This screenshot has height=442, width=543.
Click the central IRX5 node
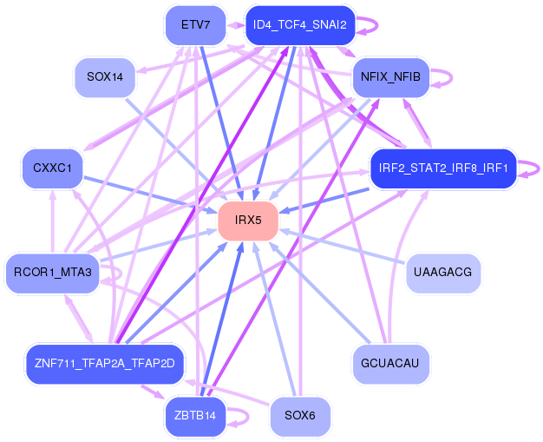pyautogui.click(x=248, y=221)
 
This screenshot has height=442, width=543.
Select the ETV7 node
pyautogui.click(x=196, y=25)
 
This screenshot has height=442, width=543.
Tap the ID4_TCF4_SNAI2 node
pyautogui.click(x=300, y=25)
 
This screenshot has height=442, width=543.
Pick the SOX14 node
pyautogui.click(x=105, y=77)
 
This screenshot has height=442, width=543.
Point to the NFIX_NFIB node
pyautogui.click(x=390, y=77)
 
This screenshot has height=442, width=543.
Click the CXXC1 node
pyautogui.click(x=53, y=168)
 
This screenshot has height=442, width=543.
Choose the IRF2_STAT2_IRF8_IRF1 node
pyautogui.click(x=443, y=168)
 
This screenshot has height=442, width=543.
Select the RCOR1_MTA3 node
pyautogui.click(x=53, y=273)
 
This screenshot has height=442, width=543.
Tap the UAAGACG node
pyautogui.click(x=443, y=273)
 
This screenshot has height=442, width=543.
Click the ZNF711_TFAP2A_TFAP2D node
pyautogui.click(x=105, y=364)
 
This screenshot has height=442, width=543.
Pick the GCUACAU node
pyautogui.click(x=390, y=364)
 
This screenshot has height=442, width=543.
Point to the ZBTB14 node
pyautogui.click(x=196, y=416)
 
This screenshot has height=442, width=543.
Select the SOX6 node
pyautogui.click(x=300, y=416)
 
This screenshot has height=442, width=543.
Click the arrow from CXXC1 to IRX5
pyautogui.click(x=150, y=195)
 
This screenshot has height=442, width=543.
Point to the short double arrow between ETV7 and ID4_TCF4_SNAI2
pyautogui.click(x=236, y=25)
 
